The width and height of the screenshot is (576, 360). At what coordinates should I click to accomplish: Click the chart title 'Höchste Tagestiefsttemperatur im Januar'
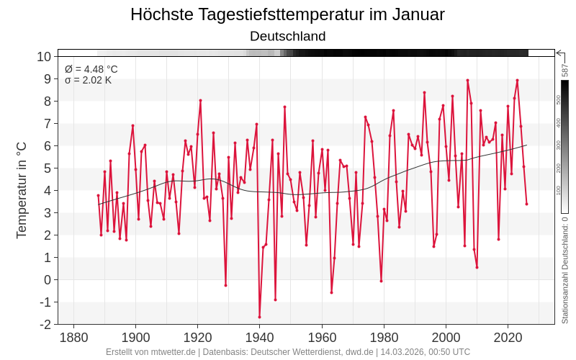click(287, 14)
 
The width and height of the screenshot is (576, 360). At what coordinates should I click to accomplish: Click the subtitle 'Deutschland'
click(287, 36)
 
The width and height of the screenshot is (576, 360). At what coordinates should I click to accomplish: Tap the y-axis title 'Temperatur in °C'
click(22, 190)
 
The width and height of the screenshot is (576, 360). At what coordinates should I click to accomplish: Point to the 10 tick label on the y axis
click(44, 57)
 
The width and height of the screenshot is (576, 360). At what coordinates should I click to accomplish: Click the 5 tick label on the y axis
click(48, 168)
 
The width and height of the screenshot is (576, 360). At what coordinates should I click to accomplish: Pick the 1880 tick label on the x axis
click(73, 337)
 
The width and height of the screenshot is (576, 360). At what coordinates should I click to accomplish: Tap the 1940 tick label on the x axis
click(260, 337)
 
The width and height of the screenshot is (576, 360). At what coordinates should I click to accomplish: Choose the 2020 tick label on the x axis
click(508, 337)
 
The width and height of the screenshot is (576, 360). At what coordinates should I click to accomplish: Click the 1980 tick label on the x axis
click(384, 337)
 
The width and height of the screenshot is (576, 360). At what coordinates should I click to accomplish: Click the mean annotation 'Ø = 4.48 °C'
click(91, 69)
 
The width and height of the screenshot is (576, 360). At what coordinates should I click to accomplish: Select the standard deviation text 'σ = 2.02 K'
click(88, 80)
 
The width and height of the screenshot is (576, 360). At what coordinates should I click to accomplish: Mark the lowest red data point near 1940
click(259, 317)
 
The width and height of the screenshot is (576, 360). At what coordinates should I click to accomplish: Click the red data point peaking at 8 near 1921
click(200, 100)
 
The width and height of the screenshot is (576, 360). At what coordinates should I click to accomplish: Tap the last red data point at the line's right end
click(526, 204)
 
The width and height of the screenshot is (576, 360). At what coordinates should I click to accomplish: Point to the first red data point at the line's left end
click(99, 195)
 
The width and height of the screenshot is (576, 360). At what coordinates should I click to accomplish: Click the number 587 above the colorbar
click(565, 71)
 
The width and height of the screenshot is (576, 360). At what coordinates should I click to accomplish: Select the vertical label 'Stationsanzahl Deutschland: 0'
click(565, 270)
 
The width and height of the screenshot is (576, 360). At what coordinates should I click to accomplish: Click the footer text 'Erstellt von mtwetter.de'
click(150, 352)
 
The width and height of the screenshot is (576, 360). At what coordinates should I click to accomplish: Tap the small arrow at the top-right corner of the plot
click(559, 53)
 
